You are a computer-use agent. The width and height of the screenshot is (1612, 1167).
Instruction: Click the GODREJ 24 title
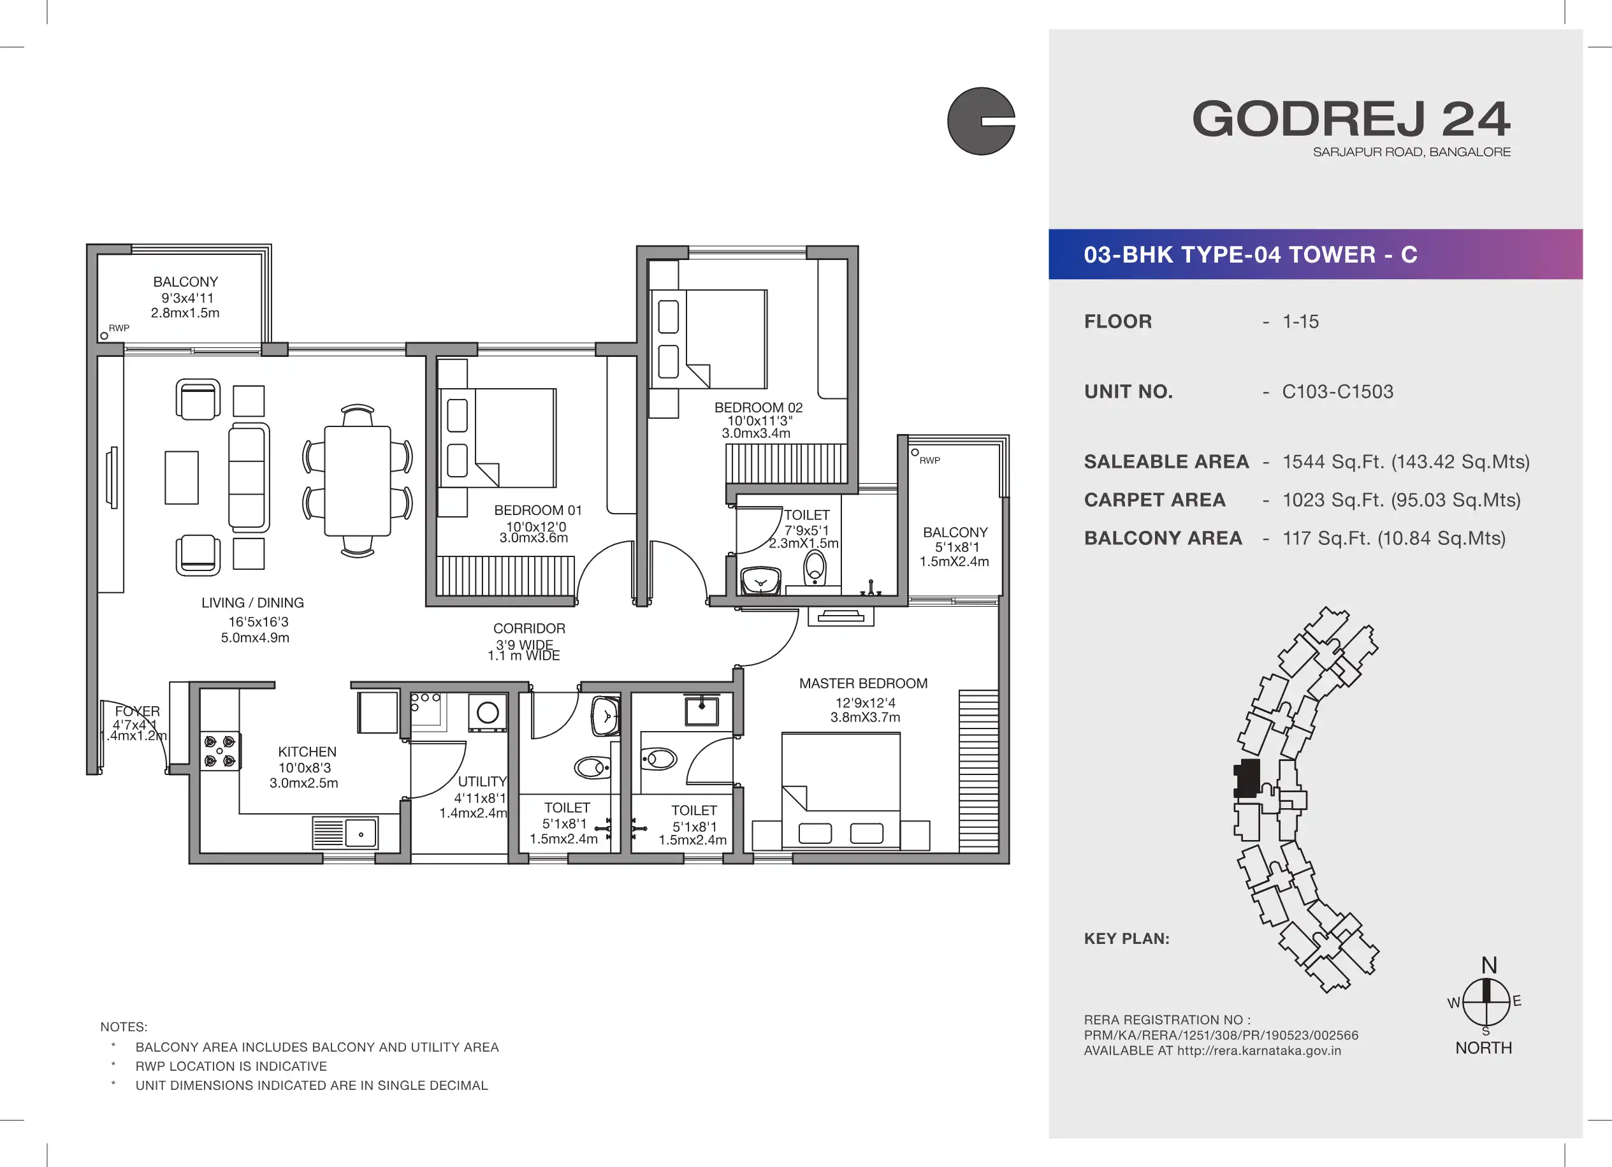pos(1351,119)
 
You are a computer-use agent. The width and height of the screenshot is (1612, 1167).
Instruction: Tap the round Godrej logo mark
pos(981,121)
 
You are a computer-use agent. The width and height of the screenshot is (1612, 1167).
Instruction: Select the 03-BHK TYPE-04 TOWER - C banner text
pos(1250,254)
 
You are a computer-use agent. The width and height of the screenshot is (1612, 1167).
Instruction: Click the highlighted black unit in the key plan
pos(1247,778)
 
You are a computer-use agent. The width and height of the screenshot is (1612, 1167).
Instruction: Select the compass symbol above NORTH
pos(1486,1001)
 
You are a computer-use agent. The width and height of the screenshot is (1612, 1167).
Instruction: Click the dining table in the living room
pos(358,481)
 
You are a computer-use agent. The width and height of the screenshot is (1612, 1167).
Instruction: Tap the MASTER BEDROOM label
pos(863,684)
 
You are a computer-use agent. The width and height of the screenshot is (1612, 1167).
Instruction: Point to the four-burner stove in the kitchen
pos(221,751)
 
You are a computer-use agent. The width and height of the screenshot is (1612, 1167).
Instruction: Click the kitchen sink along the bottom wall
pos(345,834)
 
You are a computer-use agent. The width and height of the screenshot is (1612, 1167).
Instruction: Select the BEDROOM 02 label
pos(759,408)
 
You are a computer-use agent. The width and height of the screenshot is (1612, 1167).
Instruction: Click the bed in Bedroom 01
pos(498,438)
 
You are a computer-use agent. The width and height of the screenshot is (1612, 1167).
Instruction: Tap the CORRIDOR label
pos(530,629)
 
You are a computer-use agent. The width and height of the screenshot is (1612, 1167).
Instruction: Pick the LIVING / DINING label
pos(252,603)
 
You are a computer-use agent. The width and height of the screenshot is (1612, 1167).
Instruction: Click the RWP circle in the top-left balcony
pos(105,336)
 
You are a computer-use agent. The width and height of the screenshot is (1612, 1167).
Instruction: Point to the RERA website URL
pos(1259,1051)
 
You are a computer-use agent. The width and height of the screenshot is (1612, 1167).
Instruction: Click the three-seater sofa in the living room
pos(249,477)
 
